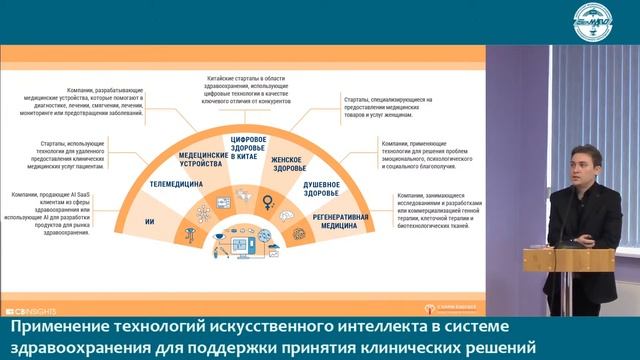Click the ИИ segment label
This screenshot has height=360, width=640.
150,217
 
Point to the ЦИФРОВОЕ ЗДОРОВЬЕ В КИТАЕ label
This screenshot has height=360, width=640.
250,147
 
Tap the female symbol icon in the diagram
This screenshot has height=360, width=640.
267,202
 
